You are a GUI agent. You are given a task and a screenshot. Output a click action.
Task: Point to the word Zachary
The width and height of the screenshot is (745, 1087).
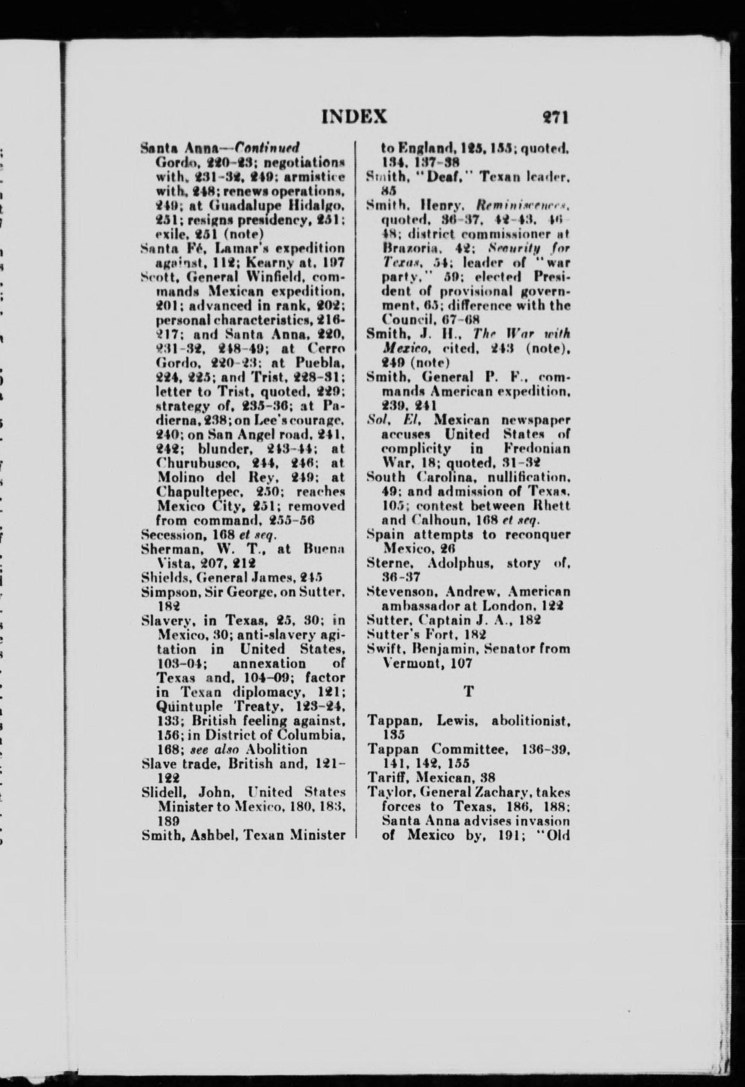click(502, 792)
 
